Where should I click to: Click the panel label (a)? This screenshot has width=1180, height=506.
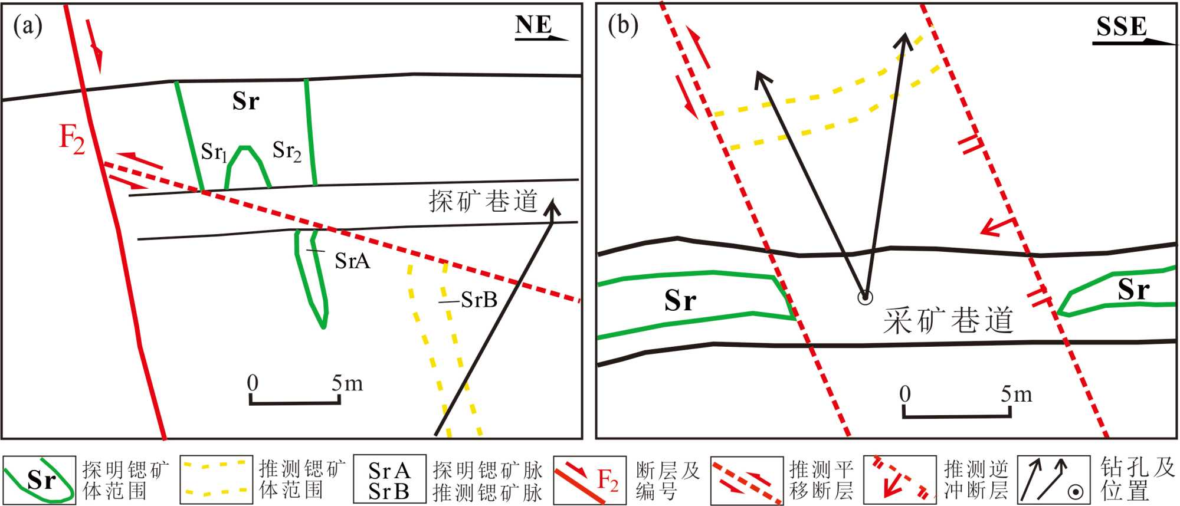click(x=28, y=26)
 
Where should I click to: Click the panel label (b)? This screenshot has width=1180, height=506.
click(x=623, y=26)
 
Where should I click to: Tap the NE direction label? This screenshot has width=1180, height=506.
click(x=533, y=25)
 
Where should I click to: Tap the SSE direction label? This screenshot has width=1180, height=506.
click(x=1122, y=27)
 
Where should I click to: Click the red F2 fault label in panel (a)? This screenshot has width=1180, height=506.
click(x=72, y=140)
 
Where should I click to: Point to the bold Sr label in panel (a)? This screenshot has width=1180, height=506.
click(x=245, y=101)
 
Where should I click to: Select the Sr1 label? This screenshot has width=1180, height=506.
click(x=214, y=152)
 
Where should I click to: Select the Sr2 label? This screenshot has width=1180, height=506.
click(x=287, y=151)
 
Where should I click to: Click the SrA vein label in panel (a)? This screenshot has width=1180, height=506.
click(x=352, y=261)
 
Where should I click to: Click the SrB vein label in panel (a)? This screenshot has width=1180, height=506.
click(x=478, y=300)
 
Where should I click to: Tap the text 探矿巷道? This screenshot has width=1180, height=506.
click(x=483, y=202)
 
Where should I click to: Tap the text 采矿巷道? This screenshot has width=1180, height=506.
click(x=948, y=321)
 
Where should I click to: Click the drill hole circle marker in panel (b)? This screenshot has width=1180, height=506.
click(x=865, y=297)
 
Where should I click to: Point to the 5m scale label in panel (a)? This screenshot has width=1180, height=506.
click(x=347, y=383)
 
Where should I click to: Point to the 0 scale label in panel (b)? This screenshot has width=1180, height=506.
click(x=905, y=393)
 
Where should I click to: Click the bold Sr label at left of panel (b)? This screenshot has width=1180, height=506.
click(x=680, y=301)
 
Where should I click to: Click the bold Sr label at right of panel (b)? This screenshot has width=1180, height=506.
click(x=1133, y=290)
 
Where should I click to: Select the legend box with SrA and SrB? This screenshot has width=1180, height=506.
click(x=389, y=480)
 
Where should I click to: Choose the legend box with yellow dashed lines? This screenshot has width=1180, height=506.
click(x=216, y=479)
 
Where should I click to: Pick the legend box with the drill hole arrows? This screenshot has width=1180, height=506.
click(x=1054, y=480)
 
